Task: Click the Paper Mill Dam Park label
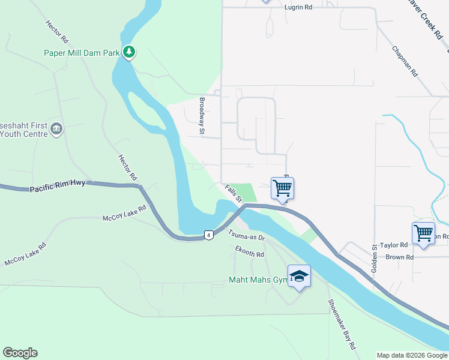[x=82, y=53]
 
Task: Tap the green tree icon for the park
[x=128, y=52]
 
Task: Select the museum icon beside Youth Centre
[x=56, y=128]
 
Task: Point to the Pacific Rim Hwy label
[x=58, y=189]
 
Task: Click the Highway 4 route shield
[x=208, y=235]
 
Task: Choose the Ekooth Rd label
[x=250, y=253]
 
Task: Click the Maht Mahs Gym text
[x=258, y=280]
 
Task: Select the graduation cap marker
[x=299, y=277]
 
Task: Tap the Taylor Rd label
[x=393, y=245]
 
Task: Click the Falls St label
[x=233, y=193]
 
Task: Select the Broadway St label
[x=202, y=115]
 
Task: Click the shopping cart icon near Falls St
[x=282, y=188]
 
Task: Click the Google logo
[x=20, y=353]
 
